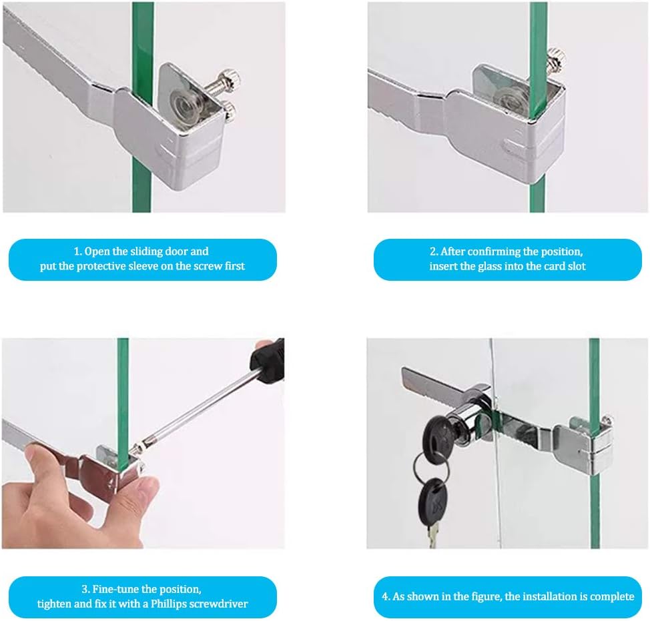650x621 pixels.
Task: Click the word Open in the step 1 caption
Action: (x=97, y=251)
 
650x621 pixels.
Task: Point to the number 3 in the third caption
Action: (x=85, y=589)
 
